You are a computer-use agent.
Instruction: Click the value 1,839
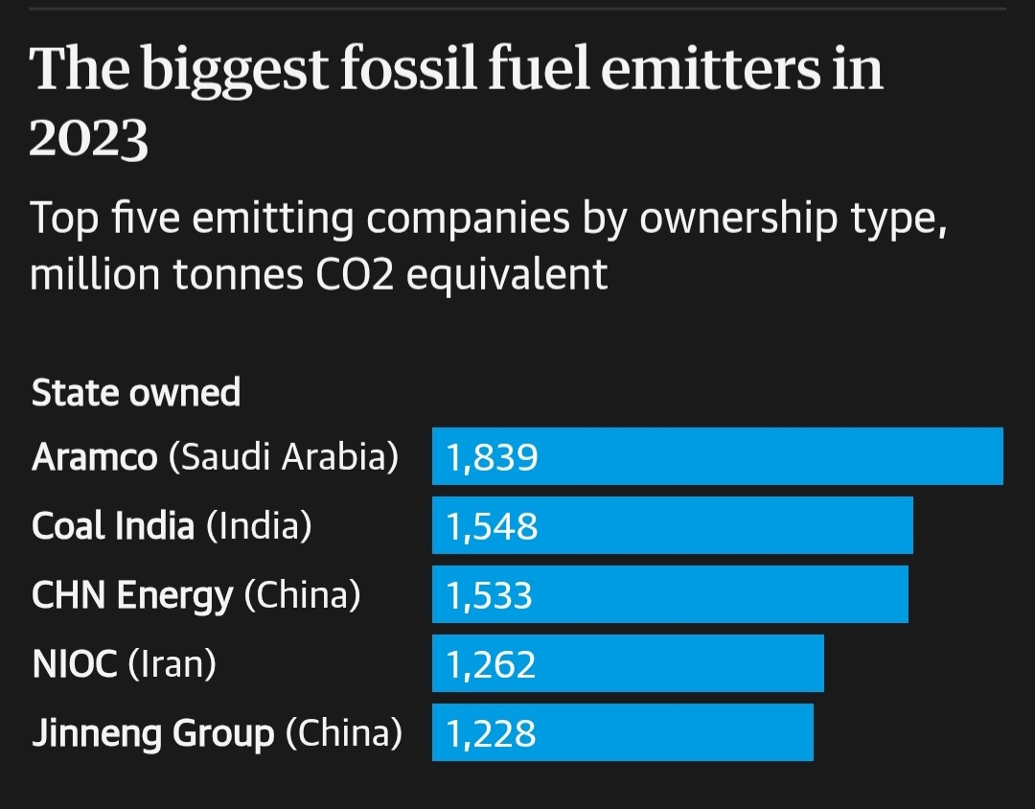[x=492, y=458]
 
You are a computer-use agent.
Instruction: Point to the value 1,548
[x=492, y=527]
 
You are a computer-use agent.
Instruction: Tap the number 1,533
[x=489, y=596]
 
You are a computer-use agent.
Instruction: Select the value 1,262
[x=491, y=665]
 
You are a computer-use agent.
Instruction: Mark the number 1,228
[x=491, y=734]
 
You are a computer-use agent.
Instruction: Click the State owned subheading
[x=136, y=393]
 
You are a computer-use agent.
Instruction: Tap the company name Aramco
[x=94, y=457]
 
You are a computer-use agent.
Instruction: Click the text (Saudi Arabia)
[x=283, y=457]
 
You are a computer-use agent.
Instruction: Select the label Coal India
[x=112, y=526]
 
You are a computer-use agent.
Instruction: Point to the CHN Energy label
[x=131, y=596]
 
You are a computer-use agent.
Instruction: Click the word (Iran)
[x=172, y=664]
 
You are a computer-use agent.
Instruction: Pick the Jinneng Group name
[x=152, y=734]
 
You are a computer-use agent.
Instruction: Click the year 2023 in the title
[x=88, y=139]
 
